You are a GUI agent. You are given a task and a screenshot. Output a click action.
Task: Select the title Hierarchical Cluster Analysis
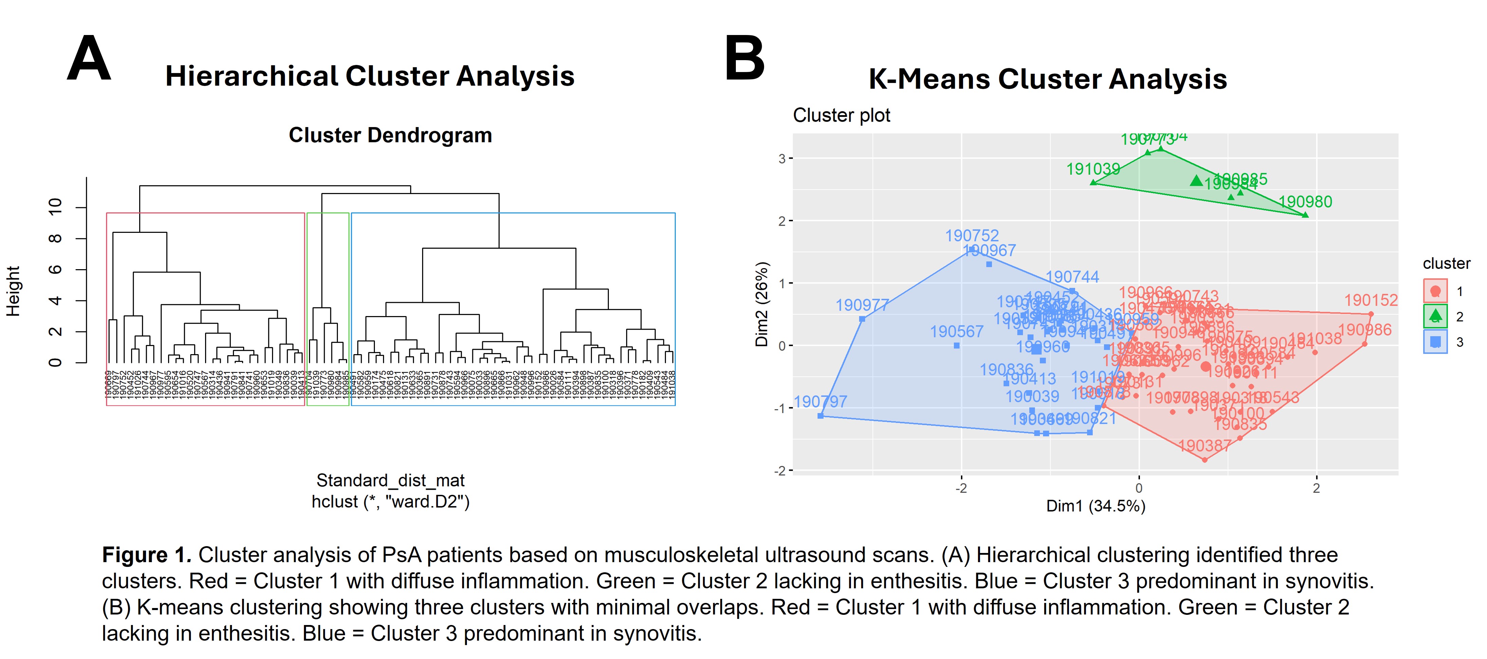[x=369, y=76]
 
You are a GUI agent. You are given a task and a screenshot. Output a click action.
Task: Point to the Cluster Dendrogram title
[x=390, y=135]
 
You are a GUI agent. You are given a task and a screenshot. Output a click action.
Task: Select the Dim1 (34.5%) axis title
[x=1095, y=506]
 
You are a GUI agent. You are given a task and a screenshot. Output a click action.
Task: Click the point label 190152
[x=1371, y=300]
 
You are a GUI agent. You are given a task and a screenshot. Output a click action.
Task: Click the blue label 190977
[x=863, y=305]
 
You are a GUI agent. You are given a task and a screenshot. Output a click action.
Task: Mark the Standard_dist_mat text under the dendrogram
[x=390, y=481]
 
